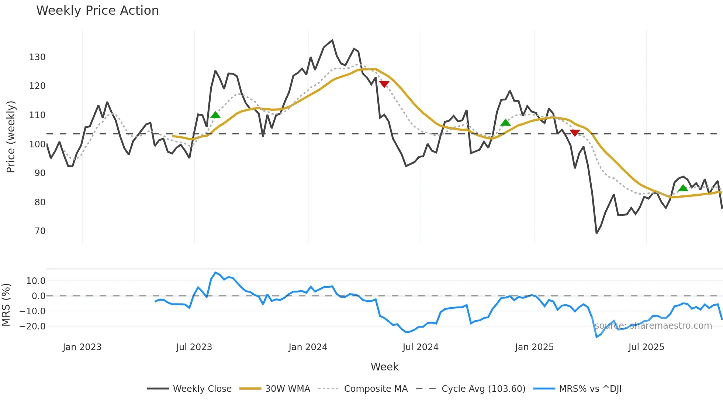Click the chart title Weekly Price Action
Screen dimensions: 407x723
pyautogui.click(x=97, y=11)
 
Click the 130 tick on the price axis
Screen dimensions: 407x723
pyautogui.click(x=37, y=57)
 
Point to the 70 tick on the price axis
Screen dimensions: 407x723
pyautogui.click(x=40, y=231)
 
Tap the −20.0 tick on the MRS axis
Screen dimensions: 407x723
pyautogui.click(x=32, y=326)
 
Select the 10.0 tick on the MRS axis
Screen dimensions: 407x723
pyautogui.click(x=36, y=281)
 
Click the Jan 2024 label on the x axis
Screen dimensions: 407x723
pyautogui.click(x=308, y=347)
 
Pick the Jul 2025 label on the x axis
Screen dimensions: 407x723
pyautogui.click(x=646, y=347)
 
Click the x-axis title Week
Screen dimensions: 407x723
pyautogui.click(x=384, y=367)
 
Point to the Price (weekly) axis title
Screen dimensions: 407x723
pyautogui.click(x=11, y=137)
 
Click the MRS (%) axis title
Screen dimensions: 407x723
pyautogui.click(x=6, y=305)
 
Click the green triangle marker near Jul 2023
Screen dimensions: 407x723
pyautogui.click(x=215, y=115)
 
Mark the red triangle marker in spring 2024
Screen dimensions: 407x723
pyautogui.click(x=384, y=84)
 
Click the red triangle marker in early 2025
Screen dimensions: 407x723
pyautogui.click(x=575, y=133)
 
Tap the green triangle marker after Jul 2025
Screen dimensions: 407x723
pyautogui.click(x=683, y=188)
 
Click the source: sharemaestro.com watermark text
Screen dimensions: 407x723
pyautogui.click(x=653, y=326)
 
